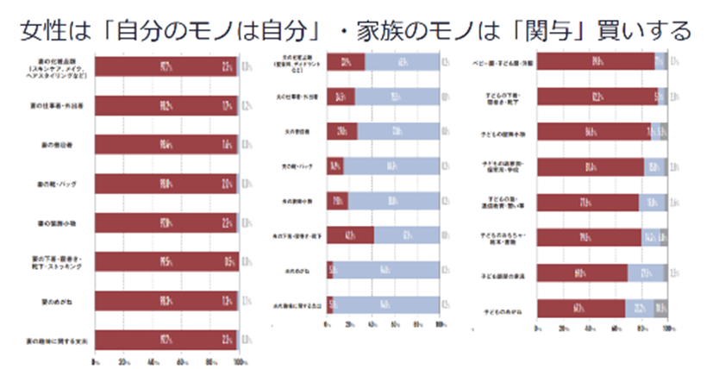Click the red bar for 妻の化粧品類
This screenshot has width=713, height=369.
(x=164, y=66)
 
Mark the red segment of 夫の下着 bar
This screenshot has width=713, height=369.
(x=350, y=235)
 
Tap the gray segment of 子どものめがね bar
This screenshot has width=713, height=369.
(x=660, y=308)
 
